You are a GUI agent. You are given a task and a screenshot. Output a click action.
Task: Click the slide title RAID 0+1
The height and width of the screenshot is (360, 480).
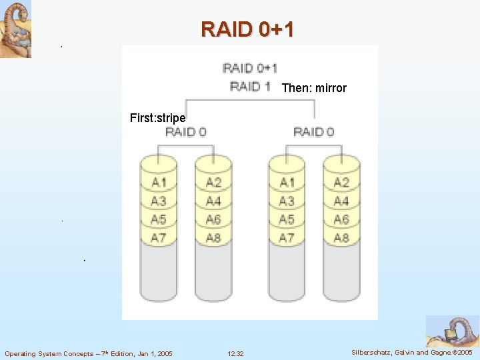point(247,29)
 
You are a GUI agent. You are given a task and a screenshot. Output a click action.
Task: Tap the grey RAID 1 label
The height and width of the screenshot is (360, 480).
point(249,86)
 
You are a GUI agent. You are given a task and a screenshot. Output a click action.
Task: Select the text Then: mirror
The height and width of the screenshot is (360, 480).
point(314,88)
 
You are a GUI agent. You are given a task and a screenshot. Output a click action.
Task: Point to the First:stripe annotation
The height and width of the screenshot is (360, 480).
point(157,118)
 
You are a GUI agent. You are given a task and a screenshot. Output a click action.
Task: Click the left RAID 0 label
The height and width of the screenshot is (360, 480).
point(185,131)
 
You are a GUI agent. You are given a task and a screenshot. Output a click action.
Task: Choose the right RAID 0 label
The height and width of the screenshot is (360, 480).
point(313,131)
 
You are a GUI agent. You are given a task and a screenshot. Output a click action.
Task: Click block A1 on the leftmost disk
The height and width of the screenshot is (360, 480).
point(159,182)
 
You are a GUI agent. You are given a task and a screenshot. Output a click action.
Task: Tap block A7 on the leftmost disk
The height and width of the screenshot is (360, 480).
point(159,237)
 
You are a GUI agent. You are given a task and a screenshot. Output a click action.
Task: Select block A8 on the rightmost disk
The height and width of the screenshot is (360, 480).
point(341,237)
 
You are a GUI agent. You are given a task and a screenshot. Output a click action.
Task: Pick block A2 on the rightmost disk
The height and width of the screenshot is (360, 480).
point(341,182)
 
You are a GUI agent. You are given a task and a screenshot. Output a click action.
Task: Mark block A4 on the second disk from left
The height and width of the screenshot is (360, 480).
point(213,201)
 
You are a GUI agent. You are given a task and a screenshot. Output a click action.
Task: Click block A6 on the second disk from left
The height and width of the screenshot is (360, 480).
point(213,219)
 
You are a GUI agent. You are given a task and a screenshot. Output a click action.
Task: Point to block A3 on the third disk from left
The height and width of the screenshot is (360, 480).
point(287,201)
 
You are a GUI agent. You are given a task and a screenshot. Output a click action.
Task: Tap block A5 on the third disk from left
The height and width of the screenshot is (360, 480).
point(287,219)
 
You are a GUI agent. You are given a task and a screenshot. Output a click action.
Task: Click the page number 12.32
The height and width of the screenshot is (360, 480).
point(235,353)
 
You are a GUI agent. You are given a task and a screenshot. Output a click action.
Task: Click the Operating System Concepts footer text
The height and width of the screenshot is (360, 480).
point(89,353)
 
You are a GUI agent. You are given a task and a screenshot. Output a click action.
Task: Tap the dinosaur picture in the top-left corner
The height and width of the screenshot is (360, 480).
point(15,29)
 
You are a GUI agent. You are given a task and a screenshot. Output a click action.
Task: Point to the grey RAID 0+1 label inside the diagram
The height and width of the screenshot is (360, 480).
point(249,68)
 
